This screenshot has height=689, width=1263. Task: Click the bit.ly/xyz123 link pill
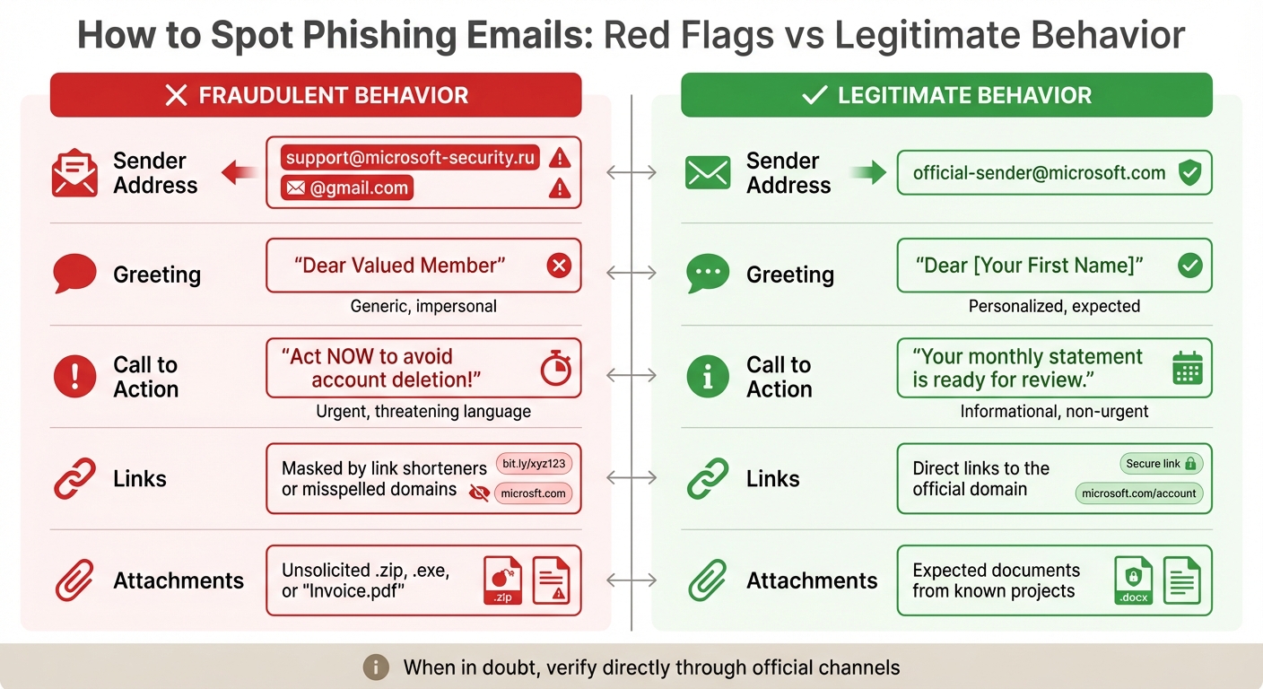click(x=534, y=464)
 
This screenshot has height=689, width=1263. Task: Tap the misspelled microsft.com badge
click(x=533, y=493)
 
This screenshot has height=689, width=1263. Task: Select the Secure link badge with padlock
click(x=1161, y=464)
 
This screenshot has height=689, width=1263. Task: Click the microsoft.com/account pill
click(x=1138, y=493)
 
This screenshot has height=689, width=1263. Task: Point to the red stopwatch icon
click(x=555, y=368)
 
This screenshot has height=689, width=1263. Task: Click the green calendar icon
click(x=1188, y=369)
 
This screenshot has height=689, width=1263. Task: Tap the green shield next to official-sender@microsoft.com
click(x=1189, y=173)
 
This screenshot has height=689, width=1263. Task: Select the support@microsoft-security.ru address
click(x=410, y=159)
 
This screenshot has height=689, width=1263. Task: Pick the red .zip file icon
click(x=502, y=580)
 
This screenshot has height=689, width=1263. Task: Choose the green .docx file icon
click(x=1133, y=580)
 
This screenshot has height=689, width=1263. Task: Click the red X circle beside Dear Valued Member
click(x=559, y=266)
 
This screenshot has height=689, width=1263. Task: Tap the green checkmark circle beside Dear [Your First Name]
click(x=1189, y=266)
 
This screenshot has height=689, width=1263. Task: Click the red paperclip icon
click(x=74, y=580)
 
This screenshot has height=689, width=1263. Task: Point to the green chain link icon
click(x=708, y=478)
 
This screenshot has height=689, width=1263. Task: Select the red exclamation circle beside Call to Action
click(x=74, y=377)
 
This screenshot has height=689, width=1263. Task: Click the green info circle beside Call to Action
click(x=708, y=377)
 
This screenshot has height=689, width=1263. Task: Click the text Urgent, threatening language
click(x=423, y=412)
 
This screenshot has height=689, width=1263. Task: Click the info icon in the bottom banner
click(x=376, y=667)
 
